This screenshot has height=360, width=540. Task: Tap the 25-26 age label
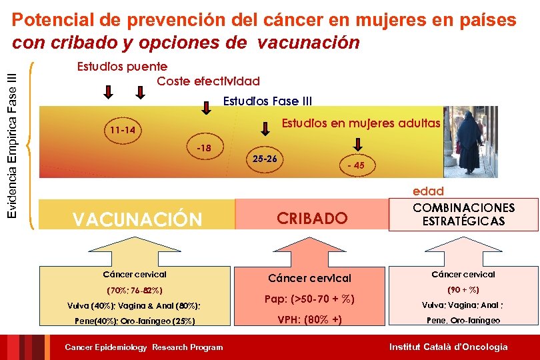pos(266,159)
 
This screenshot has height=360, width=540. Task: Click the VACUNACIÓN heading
pos(137,219)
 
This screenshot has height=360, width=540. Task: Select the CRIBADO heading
pos(312,218)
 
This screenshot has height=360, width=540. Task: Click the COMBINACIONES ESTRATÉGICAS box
pos(463,214)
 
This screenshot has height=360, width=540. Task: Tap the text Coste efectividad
pos(208,81)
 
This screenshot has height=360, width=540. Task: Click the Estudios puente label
pos(122,67)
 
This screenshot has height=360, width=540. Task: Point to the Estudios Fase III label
pos(267,101)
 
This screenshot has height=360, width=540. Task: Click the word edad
pos(428,191)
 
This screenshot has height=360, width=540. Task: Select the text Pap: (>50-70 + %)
pos(309,299)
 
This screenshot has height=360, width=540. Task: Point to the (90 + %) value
pos(463,290)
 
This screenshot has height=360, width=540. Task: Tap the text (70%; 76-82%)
pos(135,291)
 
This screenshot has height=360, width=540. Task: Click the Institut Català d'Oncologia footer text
pos(448,347)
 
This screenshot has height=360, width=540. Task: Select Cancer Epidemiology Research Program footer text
pos(143,347)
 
